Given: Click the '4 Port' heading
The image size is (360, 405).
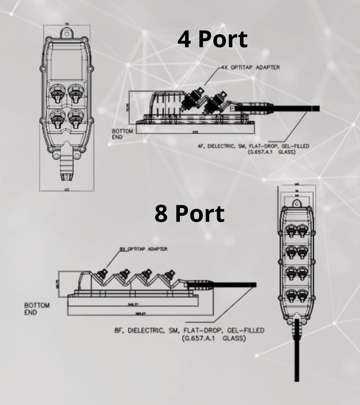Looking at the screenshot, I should [213, 39].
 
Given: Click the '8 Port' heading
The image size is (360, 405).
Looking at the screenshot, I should [189, 213].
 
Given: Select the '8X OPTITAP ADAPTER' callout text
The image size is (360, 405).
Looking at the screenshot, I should [144, 249].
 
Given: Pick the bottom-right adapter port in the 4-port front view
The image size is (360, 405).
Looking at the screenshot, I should [76, 117].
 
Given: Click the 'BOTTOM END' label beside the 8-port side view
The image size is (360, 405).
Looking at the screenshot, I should [37, 309].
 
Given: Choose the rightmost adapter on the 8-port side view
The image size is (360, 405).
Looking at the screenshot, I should [171, 275].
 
